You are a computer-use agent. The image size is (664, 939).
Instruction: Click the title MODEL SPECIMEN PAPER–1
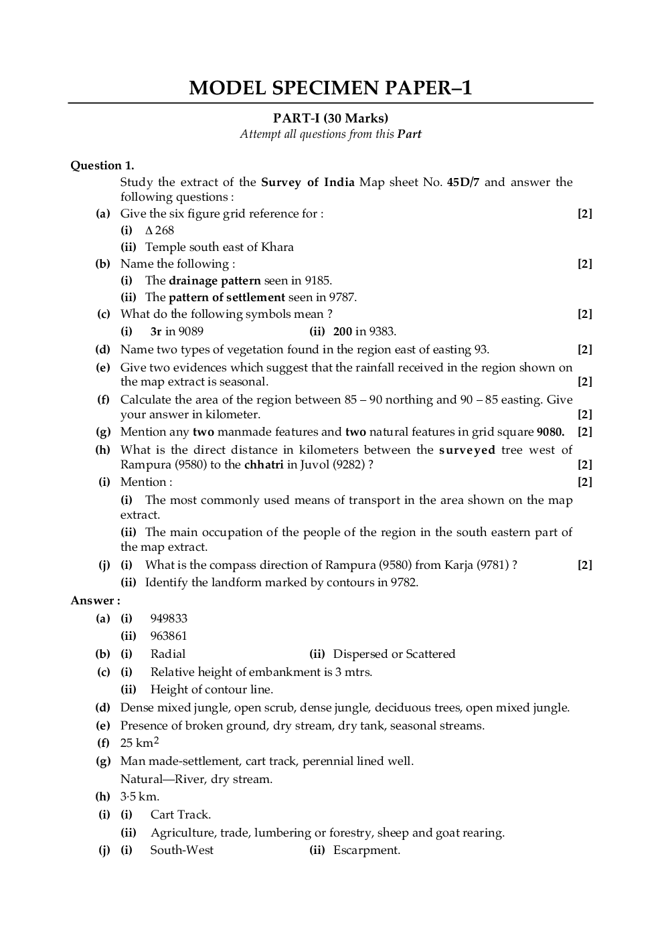point(330,88)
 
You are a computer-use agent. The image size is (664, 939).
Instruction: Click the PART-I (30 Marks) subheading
point(331,118)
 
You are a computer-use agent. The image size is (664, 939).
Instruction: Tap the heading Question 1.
point(102,165)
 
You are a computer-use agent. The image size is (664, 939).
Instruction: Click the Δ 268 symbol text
point(159,230)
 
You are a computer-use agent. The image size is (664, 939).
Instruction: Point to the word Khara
point(277,247)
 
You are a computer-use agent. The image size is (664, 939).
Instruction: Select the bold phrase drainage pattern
point(215,280)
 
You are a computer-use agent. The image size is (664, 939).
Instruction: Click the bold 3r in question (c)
point(156,331)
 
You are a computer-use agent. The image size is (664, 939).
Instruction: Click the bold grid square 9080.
point(550,432)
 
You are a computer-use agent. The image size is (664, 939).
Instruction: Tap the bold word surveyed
point(467,450)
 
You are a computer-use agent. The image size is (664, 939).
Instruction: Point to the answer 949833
point(169,618)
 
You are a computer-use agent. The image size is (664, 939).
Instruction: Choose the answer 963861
point(169,636)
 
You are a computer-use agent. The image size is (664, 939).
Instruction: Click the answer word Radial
point(168,654)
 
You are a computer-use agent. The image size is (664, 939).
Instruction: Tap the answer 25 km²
point(139,742)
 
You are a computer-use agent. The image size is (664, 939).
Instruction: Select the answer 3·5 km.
point(140,796)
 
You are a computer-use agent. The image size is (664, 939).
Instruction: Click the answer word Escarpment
point(366,850)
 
